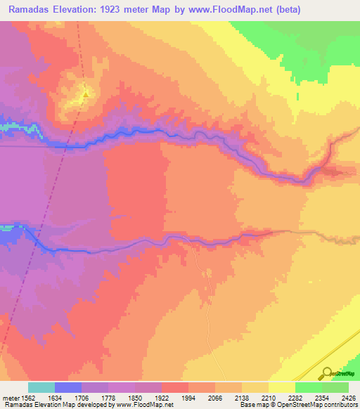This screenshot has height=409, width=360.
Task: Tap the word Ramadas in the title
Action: coord(27,9)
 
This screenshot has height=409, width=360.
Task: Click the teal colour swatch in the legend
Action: coord(41,387)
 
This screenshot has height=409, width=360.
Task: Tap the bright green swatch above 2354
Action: coord(308,387)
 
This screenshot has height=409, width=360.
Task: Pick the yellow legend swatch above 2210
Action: coord(281,387)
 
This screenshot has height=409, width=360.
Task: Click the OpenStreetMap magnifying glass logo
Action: coord(326,373)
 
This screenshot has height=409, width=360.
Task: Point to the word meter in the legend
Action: coord(11,398)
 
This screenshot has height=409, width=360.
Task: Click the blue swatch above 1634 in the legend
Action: coord(68,387)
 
